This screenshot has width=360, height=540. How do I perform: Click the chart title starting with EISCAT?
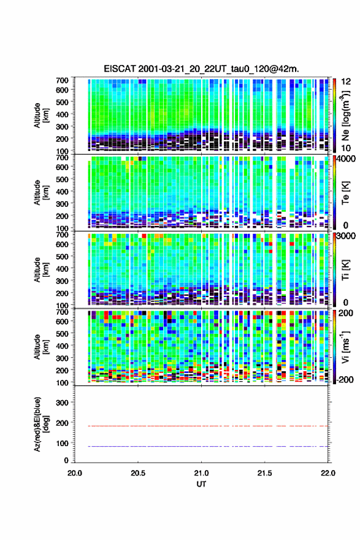tap(201, 69)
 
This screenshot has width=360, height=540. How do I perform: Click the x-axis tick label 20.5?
tap(138, 473)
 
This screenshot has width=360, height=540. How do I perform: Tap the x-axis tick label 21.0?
tap(201, 473)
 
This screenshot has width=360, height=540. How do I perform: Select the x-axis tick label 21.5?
tap(265, 473)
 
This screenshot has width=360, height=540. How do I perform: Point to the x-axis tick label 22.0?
tap(328, 473)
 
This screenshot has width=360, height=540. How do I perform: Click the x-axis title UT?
tap(201, 484)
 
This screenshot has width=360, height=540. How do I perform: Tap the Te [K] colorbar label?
tap(345, 193)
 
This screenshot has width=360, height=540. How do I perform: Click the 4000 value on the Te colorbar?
tap(347, 159)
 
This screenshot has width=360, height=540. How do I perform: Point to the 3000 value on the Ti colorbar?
tap(347, 236)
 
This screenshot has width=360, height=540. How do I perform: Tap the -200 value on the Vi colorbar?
tap(345, 380)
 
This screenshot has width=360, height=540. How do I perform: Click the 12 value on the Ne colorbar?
tap(346, 82)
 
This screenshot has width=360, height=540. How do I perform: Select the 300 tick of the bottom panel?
tap(62, 403)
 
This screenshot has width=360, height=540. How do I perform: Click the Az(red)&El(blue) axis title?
tap(41, 424)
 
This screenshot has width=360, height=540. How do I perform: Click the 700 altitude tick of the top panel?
tap(62, 80)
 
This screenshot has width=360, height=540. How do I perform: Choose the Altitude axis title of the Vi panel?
tap(41, 347)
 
